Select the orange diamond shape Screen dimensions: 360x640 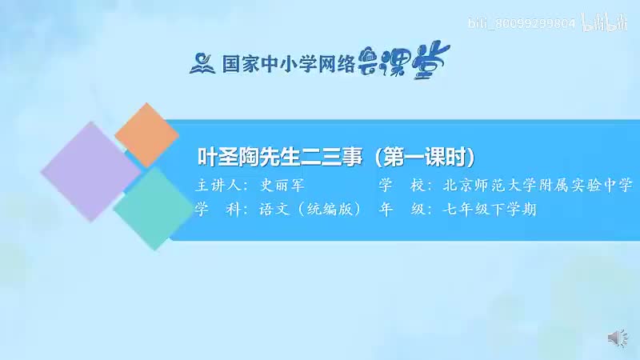click(146, 136)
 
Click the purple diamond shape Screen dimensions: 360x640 click(90, 174)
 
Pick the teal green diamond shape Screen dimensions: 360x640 click(150, 208)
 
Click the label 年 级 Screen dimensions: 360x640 click(398, 210)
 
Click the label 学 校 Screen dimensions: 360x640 click(398, 186)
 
